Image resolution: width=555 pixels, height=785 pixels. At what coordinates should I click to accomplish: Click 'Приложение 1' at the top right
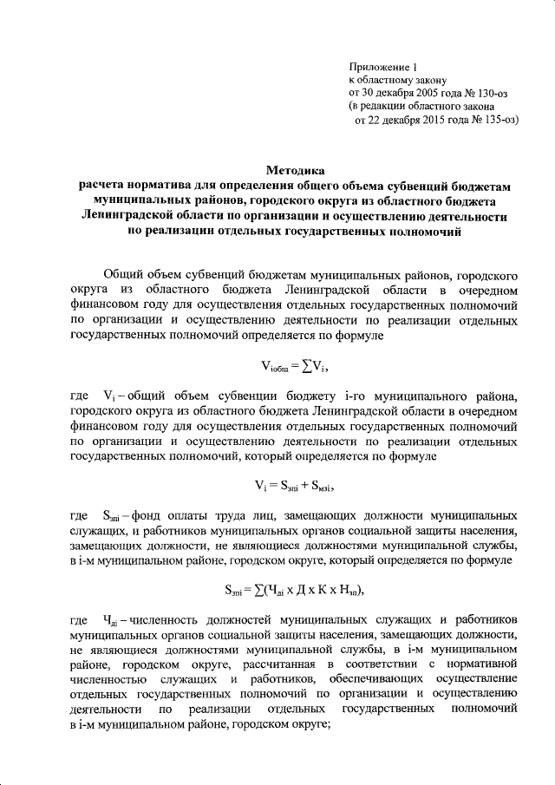click(382, 67)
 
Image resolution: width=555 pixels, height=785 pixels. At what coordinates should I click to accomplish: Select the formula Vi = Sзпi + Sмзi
click(300, 484)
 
